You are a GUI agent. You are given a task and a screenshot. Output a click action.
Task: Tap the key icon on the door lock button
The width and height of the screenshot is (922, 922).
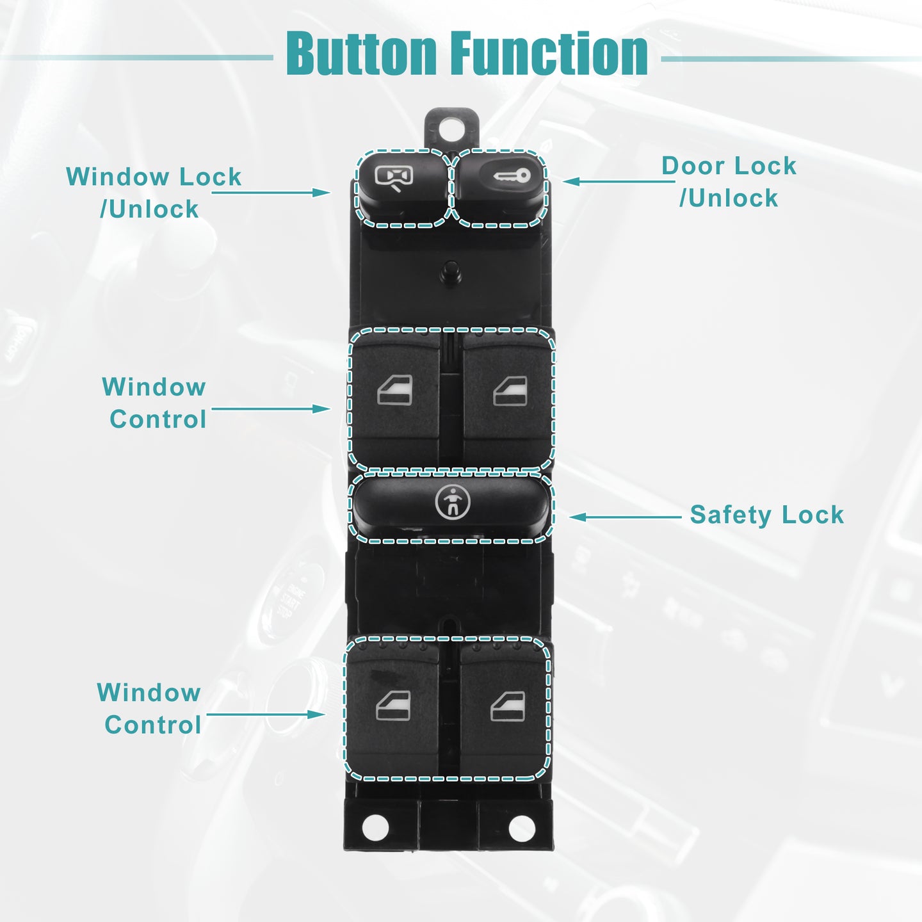pyautogui.click(x=512, y=175)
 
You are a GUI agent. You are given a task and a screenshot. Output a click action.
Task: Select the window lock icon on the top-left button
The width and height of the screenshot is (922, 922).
pyautogui.click(x=394, y=177)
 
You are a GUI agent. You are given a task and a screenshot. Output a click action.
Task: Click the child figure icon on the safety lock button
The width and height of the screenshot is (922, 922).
pyautogui.click(x=453, y=502)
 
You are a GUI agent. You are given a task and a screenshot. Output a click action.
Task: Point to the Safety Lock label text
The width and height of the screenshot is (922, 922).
pyautogui.click(x=766, y=515)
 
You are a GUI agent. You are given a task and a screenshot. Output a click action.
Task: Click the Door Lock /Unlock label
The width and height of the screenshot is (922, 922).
pyautogui.click(x=729, y=182)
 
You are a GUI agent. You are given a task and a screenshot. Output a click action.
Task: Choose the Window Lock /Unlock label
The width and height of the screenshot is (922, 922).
pyautogui.click(x=154, y=192)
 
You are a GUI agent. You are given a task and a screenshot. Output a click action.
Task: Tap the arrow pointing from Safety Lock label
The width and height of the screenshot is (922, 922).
pyautogui.click(x=625, y=517)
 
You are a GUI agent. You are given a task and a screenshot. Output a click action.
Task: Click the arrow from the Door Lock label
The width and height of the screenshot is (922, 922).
pyautogui.click(x=619, y=181)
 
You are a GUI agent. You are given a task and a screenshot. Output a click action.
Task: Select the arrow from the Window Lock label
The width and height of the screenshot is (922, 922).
pyautogui.click(x=271, y=193)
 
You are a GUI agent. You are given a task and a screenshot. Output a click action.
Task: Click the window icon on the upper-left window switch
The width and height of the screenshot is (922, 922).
pyautogui.click(x=395, y=391)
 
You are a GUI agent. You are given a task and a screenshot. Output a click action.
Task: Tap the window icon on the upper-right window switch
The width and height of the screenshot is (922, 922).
pyautogui.click(x=510, y=391)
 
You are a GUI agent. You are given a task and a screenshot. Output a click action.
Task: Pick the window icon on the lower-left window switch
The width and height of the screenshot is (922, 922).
pyautogui.click(x=393, y=705)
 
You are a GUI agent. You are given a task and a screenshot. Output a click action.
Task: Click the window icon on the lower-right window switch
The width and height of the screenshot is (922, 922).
pyautogui.click(x=508, y=705)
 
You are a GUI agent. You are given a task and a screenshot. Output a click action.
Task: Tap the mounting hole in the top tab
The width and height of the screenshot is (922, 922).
pyautogui.click(x=451, y=128)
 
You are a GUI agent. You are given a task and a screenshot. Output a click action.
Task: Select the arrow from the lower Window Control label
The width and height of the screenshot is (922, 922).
pyautogui.click(x=266, y=715)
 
